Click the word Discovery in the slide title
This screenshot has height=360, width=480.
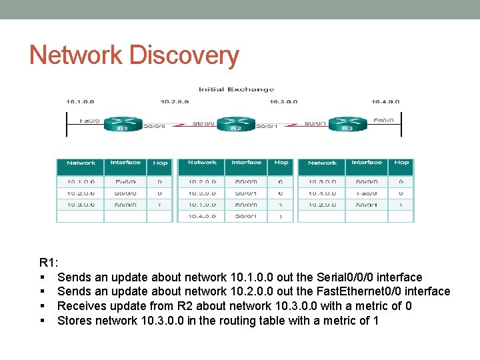pyautogui.click(x=183, y=55)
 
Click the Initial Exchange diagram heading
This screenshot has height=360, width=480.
pyautogui.click(x=236, y=89)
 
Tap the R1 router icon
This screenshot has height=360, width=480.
pyautogui.click(x=122, y=125)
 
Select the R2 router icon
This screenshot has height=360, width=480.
pyautogui.click(x=235, y=125)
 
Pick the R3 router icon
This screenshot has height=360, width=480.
pyautogui.click(x=347, y=125)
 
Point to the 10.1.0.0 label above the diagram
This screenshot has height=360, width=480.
pyautogui.click(x=80, y=102)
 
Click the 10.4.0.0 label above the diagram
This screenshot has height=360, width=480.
pyautogui.click(x=385, y=102)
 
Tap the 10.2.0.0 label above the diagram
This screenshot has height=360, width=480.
pyautogui.click(x=175, y=102)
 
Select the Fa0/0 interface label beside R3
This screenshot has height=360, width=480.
pyautogui.click(x=383, y=121)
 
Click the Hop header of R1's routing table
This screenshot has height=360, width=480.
pyautogui.click(x=160, y=163)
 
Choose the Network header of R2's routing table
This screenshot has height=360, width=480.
pyautogui.click(x=202, y=163)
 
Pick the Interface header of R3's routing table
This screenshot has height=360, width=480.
pyautogui.click(x=367, y=163)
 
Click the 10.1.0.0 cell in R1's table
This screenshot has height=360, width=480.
pyautogui.click(x=81, y=181)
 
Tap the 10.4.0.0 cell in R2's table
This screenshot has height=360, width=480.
pyautogui.click(x=202, y=217)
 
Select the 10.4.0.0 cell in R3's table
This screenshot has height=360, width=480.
pyautogui.click(x=322, y=193)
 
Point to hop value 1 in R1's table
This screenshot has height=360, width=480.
pyautogui.click(x=160, y=205)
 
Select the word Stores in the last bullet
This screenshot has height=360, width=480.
pyautogui.click(x=75, y=321)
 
